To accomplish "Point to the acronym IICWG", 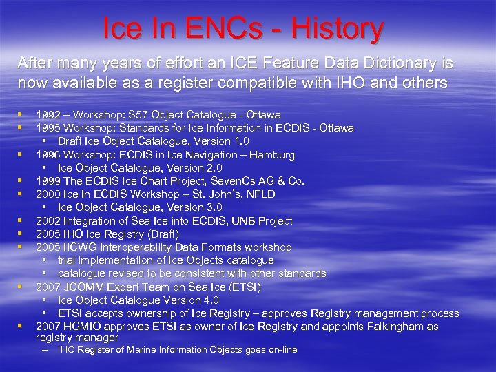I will pyautogui.click(x=80, y=247).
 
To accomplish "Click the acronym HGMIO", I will pyautogui.click(x=82, y=327).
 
